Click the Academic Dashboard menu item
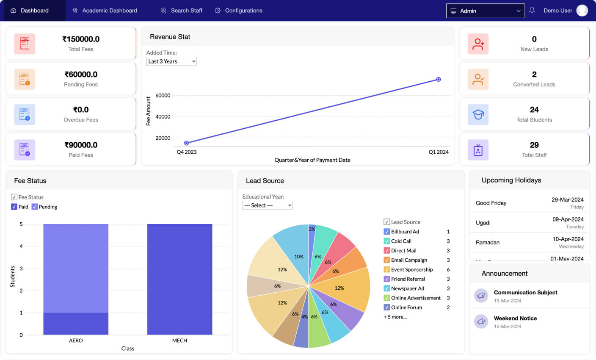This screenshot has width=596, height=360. [x=109, y=11]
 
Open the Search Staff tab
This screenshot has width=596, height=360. [x=186, y=11]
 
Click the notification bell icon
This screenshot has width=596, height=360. [x=532, y=11]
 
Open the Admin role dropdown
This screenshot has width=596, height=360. [x=485, y=11]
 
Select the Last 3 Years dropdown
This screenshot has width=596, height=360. [x=171, y=61]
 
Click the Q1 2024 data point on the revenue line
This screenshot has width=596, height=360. [x=439, y=79]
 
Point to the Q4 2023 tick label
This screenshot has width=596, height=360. [x=187, y=152]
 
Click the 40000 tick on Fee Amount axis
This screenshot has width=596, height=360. [x=163, y=117]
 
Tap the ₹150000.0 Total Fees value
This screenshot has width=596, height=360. [x=81, y=39]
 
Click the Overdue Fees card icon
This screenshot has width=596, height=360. [x=25, y=115]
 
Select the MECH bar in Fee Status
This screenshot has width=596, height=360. [x=179, y=279]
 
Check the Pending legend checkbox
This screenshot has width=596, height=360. [x=35, y=207]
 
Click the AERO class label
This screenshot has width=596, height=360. [x=76, y=341]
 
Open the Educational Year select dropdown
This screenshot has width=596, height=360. [x=268, y=205]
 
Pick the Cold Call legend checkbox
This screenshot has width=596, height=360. [x=386, y=241]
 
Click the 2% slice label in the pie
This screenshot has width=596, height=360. [x=312, y=229]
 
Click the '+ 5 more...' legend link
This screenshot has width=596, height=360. [x=395, y=317]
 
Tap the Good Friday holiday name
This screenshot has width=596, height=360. [x=491, y=203]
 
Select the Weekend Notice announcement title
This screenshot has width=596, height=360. [x=515, y=318]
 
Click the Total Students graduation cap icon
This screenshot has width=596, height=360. [x=478, y=115]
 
